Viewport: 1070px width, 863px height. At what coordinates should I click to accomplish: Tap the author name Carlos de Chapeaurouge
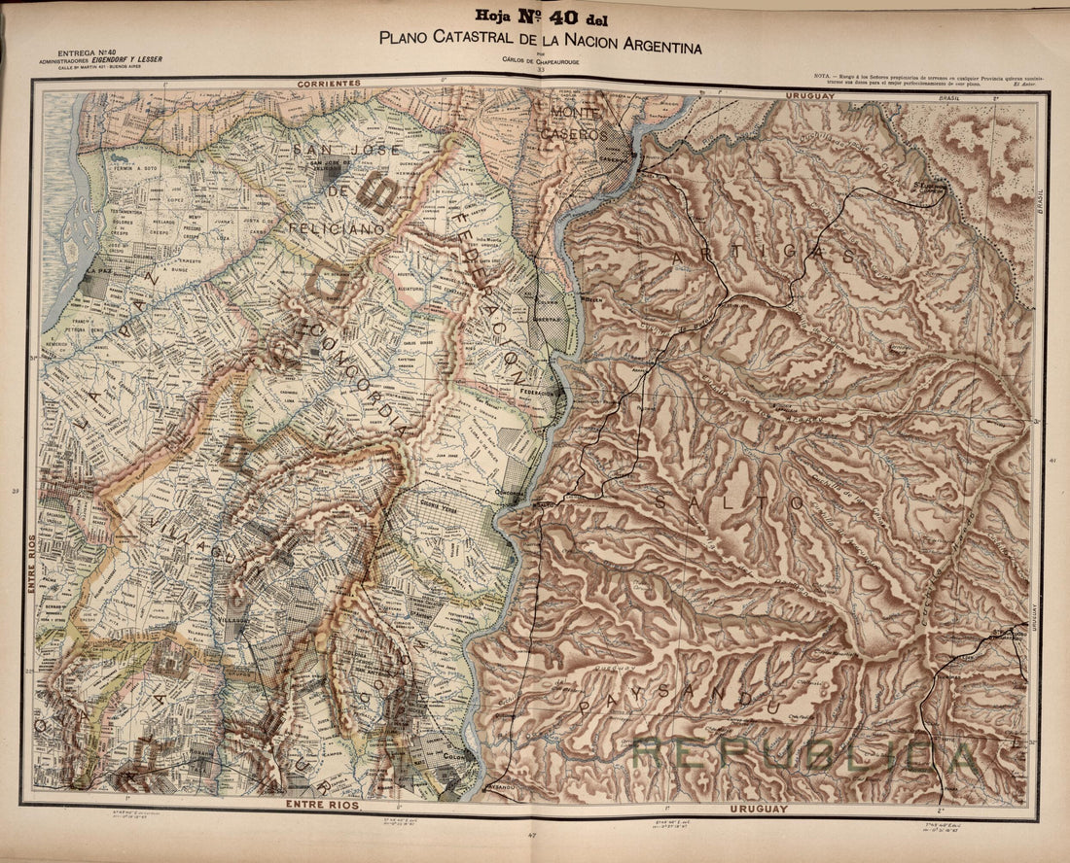[536, 61]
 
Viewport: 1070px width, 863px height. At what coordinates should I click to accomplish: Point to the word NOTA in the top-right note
[822, 75]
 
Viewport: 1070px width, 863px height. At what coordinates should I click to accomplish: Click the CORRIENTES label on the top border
[331, 84]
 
